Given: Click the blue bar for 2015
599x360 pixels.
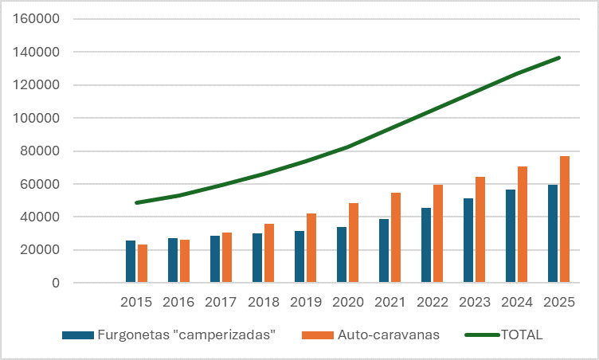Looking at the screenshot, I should tap(131, 262).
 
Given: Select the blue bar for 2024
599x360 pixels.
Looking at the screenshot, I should tap(511, 237).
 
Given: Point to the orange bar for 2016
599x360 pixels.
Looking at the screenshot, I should tap(184, 261).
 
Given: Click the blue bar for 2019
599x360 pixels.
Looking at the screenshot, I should tap(299, 257).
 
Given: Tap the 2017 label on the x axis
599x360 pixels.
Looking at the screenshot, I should tap(221, 303).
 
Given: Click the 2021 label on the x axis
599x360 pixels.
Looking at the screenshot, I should tap(390, 303).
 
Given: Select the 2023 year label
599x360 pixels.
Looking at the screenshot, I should tap(474, 303).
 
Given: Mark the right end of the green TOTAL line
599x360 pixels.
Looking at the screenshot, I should tap(559, 57).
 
